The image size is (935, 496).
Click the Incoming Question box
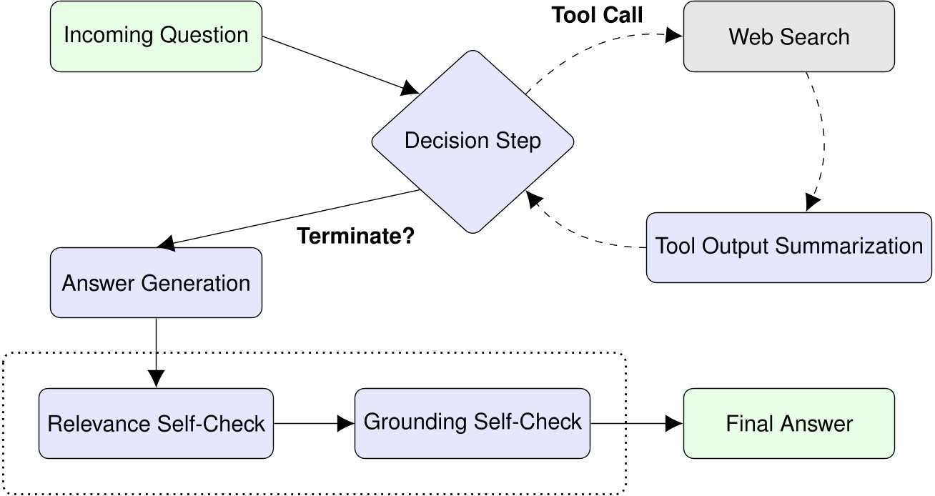coord(156,36)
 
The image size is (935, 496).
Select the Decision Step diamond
coord(473,141)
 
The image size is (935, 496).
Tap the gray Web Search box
coord(788,36)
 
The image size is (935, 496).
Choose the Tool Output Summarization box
coord(788,247)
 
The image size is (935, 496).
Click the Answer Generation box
coord(156,283)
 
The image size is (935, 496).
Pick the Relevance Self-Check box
coord(156,423)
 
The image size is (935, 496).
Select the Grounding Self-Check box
coord(473,422)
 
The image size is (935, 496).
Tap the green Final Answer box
coord(788,423)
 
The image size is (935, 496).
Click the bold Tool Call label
coord(598,16)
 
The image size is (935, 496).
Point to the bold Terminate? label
coord(355,236)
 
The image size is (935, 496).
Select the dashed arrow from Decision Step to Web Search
coord(593,43)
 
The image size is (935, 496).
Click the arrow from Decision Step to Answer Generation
coord(286,219)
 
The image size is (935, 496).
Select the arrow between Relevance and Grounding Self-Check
coord(314,423)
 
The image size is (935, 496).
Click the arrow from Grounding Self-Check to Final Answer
coord(636,423)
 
